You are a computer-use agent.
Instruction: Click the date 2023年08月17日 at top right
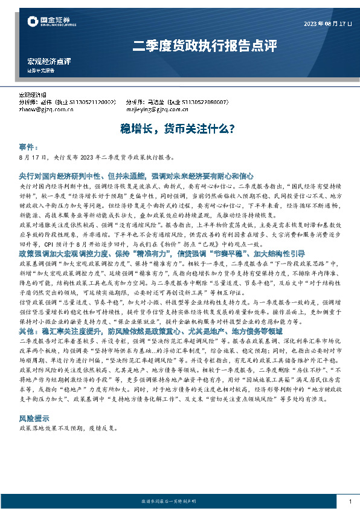327,24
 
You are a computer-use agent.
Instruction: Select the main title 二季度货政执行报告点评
204,45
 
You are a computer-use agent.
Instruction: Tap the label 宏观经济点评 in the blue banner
50,61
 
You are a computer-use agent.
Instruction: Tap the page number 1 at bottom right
350,501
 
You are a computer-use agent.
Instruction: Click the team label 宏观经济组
34,96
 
